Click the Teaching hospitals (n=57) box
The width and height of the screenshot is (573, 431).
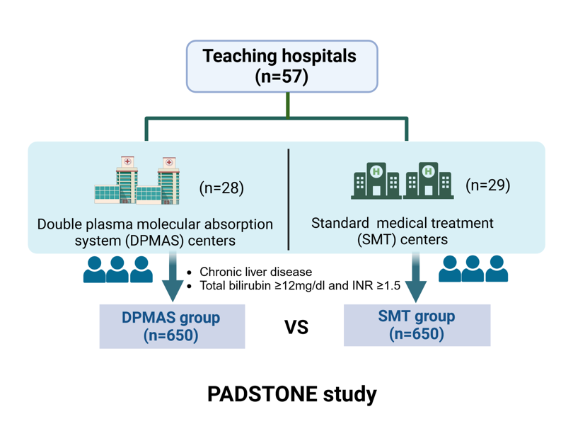(282, 66)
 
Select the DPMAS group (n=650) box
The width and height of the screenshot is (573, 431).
(172, 326)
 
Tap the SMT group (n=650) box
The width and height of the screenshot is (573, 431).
(417, 325)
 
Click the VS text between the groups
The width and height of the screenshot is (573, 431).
(296, 328)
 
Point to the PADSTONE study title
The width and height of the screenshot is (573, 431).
(292, 394)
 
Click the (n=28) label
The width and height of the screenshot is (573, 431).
(221, 188)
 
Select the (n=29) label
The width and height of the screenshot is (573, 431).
(488, 185)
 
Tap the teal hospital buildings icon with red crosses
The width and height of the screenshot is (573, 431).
(137, 181)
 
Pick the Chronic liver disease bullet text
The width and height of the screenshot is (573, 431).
(255, 272)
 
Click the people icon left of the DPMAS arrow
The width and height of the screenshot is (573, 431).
(117, 269)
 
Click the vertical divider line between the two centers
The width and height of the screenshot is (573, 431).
(289, 199)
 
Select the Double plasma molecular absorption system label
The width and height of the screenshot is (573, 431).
(155, 232)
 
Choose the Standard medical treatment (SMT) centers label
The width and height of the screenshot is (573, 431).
(403, 231)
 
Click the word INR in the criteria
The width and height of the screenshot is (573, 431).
(370, 286)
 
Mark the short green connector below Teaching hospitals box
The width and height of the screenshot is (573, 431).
(288, 105)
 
